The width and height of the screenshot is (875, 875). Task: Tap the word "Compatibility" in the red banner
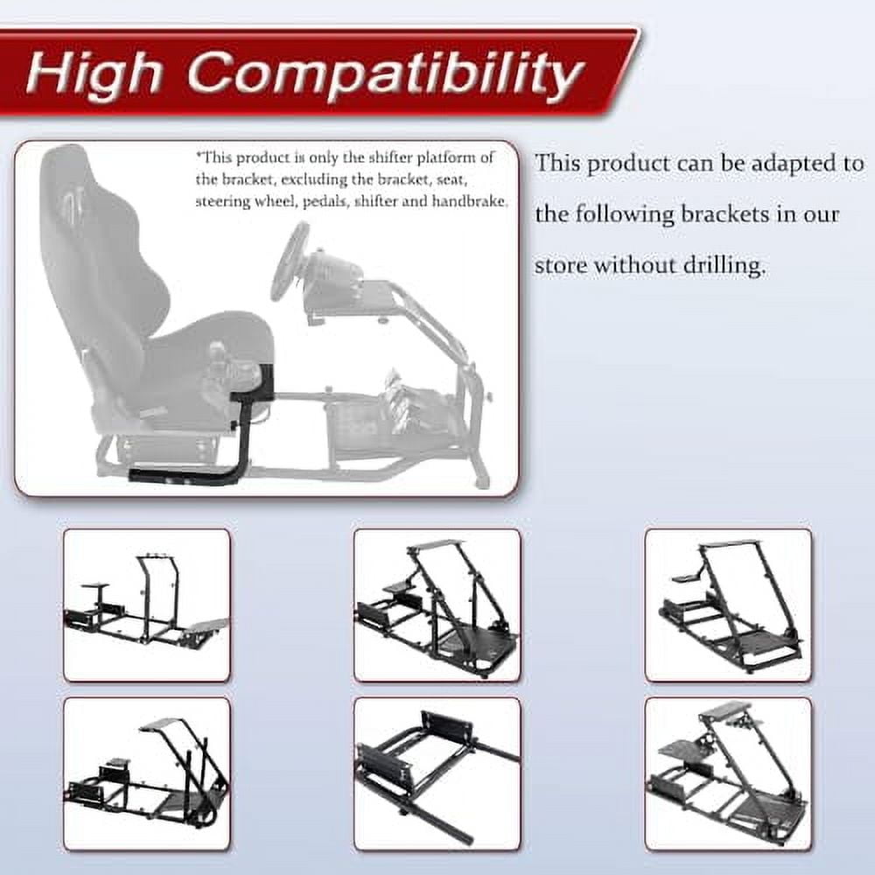click(x=384, y=75)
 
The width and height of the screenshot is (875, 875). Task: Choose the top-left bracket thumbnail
click(x=146, y=605)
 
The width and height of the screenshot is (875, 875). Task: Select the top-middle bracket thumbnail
click(x=437, y=605)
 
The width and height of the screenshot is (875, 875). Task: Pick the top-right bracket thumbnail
click(x=728, y=605)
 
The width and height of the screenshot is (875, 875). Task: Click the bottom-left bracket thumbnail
click(x=146, y=773)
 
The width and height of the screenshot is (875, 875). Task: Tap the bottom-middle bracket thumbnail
click(x=437, y=773)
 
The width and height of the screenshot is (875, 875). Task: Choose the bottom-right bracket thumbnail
click(x=728, y=773)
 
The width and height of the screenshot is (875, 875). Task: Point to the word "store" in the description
click(x=561, y=264)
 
